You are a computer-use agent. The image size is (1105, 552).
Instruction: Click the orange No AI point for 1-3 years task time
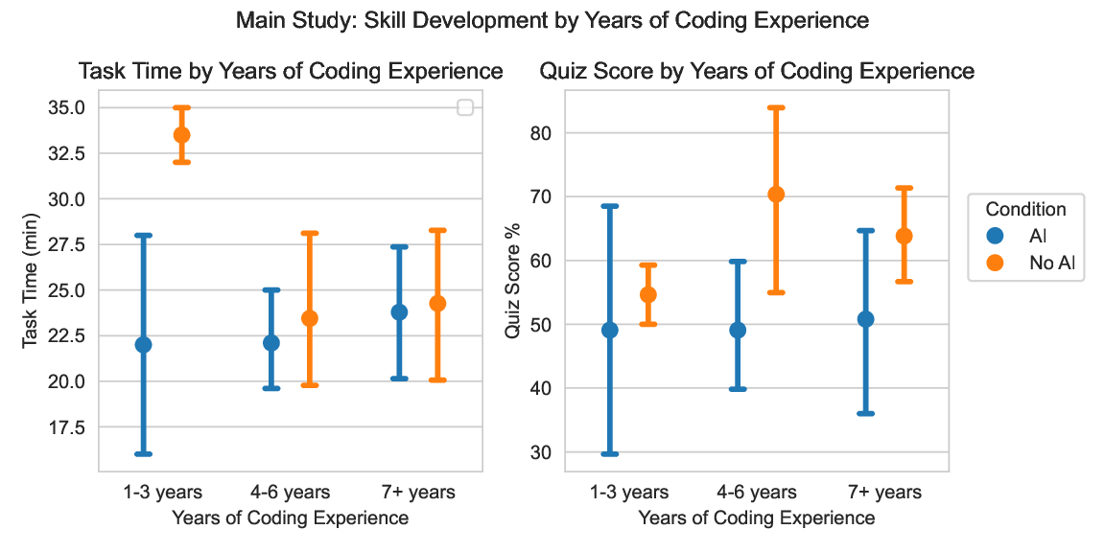[x=181, y=135]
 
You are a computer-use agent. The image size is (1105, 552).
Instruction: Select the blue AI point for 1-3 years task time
[x=143, y=345]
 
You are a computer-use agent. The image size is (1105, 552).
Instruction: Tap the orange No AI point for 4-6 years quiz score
[x=776, y=195]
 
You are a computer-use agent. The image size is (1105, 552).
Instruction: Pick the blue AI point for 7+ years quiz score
[x=865, y=319]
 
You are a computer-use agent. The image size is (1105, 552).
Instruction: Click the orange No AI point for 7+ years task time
[x=437, y=304]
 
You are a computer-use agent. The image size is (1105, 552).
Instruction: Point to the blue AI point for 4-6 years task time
[x=271, y=343]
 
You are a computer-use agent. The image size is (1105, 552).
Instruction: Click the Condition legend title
[x=1026, y=209]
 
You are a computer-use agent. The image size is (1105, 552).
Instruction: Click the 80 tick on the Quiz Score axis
[x=549, y=133]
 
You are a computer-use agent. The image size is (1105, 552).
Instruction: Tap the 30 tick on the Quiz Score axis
[x=549, y=452]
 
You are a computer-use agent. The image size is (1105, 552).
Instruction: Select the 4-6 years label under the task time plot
[x=290, y=493]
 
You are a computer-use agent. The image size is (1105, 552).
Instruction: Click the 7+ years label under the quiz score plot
[x=883, y=493]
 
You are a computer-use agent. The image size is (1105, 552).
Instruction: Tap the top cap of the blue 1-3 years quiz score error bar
[x=610, y=206]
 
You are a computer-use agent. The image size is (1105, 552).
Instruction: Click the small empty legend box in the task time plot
[x=466, y=108]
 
